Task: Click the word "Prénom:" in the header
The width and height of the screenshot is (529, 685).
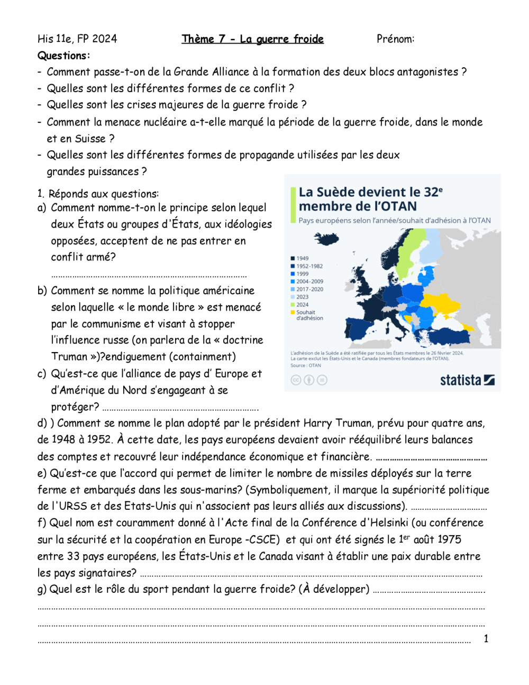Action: [395, 39]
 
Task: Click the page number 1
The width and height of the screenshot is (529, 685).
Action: [486, 639]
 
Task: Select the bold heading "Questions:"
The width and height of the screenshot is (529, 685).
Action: [63, 56]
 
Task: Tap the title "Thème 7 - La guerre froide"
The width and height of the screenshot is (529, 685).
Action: [252, 39]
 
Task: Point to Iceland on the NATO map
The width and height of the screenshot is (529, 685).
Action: [327, 239]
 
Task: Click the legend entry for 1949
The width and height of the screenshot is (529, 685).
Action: [302, 258]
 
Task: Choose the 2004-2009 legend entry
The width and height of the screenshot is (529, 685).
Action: [309, 282]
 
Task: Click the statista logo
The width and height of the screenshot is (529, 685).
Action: [467, 380]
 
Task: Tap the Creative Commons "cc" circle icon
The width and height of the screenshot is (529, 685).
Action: [296, 380]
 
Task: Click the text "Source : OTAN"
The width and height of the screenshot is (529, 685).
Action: [305, 365]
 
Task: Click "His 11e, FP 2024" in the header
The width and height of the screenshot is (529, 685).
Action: [77, 39]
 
